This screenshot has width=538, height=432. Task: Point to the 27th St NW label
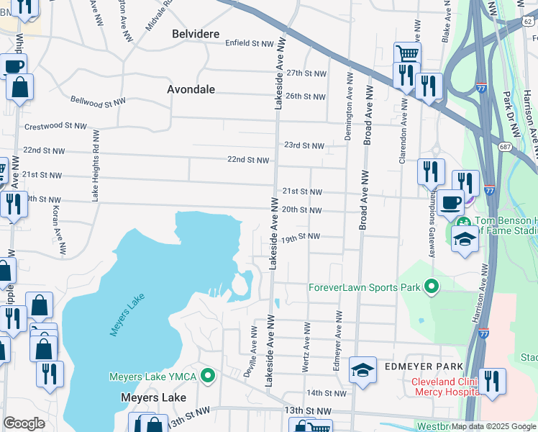coord(307,73)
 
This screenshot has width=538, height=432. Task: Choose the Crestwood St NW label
coord(55,126)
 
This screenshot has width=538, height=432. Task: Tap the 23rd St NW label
coord(304,145)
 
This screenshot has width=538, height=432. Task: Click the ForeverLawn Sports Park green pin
coord(432,287)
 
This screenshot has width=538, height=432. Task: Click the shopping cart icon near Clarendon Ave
coord(407,53)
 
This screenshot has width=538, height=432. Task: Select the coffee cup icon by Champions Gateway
coord(451,203)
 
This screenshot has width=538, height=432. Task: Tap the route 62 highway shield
coord(529,22)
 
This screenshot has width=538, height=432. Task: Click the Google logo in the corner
coord(24,423)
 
